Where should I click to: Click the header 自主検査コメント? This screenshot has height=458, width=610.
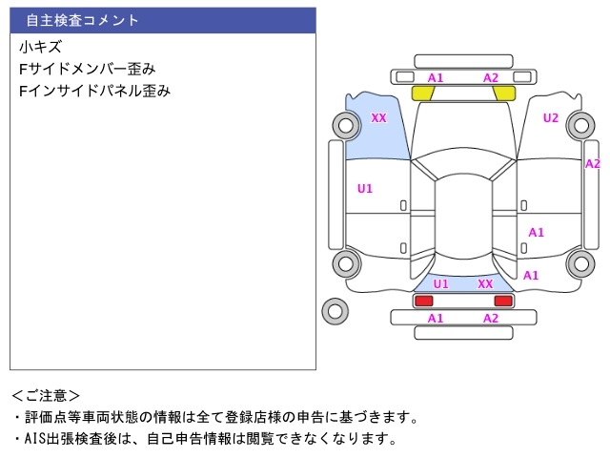[82, 20]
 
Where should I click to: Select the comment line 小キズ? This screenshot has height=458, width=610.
[40, 47]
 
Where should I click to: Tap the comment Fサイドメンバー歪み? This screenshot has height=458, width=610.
[87, 69]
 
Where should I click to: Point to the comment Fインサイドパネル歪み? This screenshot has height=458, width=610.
[94, 92]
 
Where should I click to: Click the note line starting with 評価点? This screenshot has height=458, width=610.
[219, 417]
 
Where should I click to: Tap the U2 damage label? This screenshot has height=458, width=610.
[551, 118]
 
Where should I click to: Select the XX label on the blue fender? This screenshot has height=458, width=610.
[378, 118]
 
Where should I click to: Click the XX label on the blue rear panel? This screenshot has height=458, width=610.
[485, 283]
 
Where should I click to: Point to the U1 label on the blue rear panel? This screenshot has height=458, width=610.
[441, 283]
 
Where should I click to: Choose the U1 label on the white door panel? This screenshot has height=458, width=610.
[364, 188]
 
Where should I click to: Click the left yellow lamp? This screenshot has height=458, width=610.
[422, 94]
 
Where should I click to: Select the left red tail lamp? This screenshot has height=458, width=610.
[423, 301]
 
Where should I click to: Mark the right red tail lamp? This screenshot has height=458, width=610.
[503, 301]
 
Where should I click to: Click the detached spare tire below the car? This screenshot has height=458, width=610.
[335, 310]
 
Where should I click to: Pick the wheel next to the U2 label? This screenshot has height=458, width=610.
[579, 124]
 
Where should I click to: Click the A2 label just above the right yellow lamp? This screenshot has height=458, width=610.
[491, 77]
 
